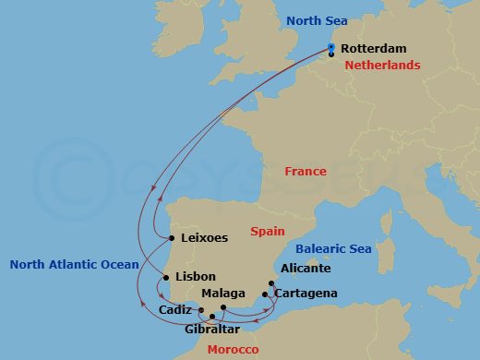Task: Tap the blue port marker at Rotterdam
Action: (331, 47)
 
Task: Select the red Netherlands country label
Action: (382, 66)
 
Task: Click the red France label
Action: (306, 172)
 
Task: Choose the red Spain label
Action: (267, 231)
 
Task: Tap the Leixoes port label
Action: (205, 237)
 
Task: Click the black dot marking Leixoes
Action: (173, 238)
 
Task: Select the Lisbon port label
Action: (195, 276)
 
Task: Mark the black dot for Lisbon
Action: (166, 277)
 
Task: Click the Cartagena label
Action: (306, 294)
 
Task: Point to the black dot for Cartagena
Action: (266, 294)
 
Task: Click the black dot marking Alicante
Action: (271, 284)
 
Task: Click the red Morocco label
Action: (233, 350)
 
